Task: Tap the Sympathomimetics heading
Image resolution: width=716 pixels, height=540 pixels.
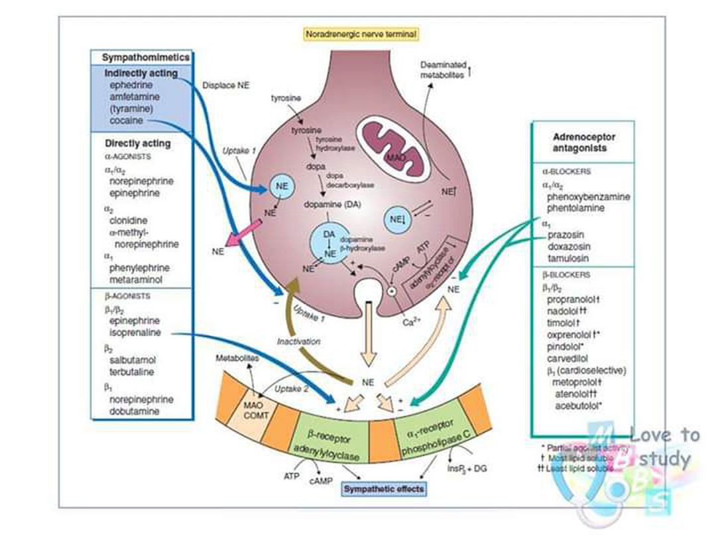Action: [x=146, y=58]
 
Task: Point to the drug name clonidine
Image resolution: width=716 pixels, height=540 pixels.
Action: [x=129, y=220]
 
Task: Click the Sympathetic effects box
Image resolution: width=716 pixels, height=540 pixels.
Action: [x=384, y=490]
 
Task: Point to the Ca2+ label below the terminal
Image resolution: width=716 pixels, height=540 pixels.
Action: [x=412, y=322]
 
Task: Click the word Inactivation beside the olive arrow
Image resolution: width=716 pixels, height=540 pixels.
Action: [x=299, y=342]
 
